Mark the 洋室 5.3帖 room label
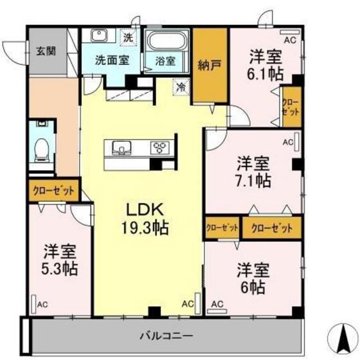60,259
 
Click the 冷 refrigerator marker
181,85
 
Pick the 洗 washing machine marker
128,37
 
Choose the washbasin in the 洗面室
99,36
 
